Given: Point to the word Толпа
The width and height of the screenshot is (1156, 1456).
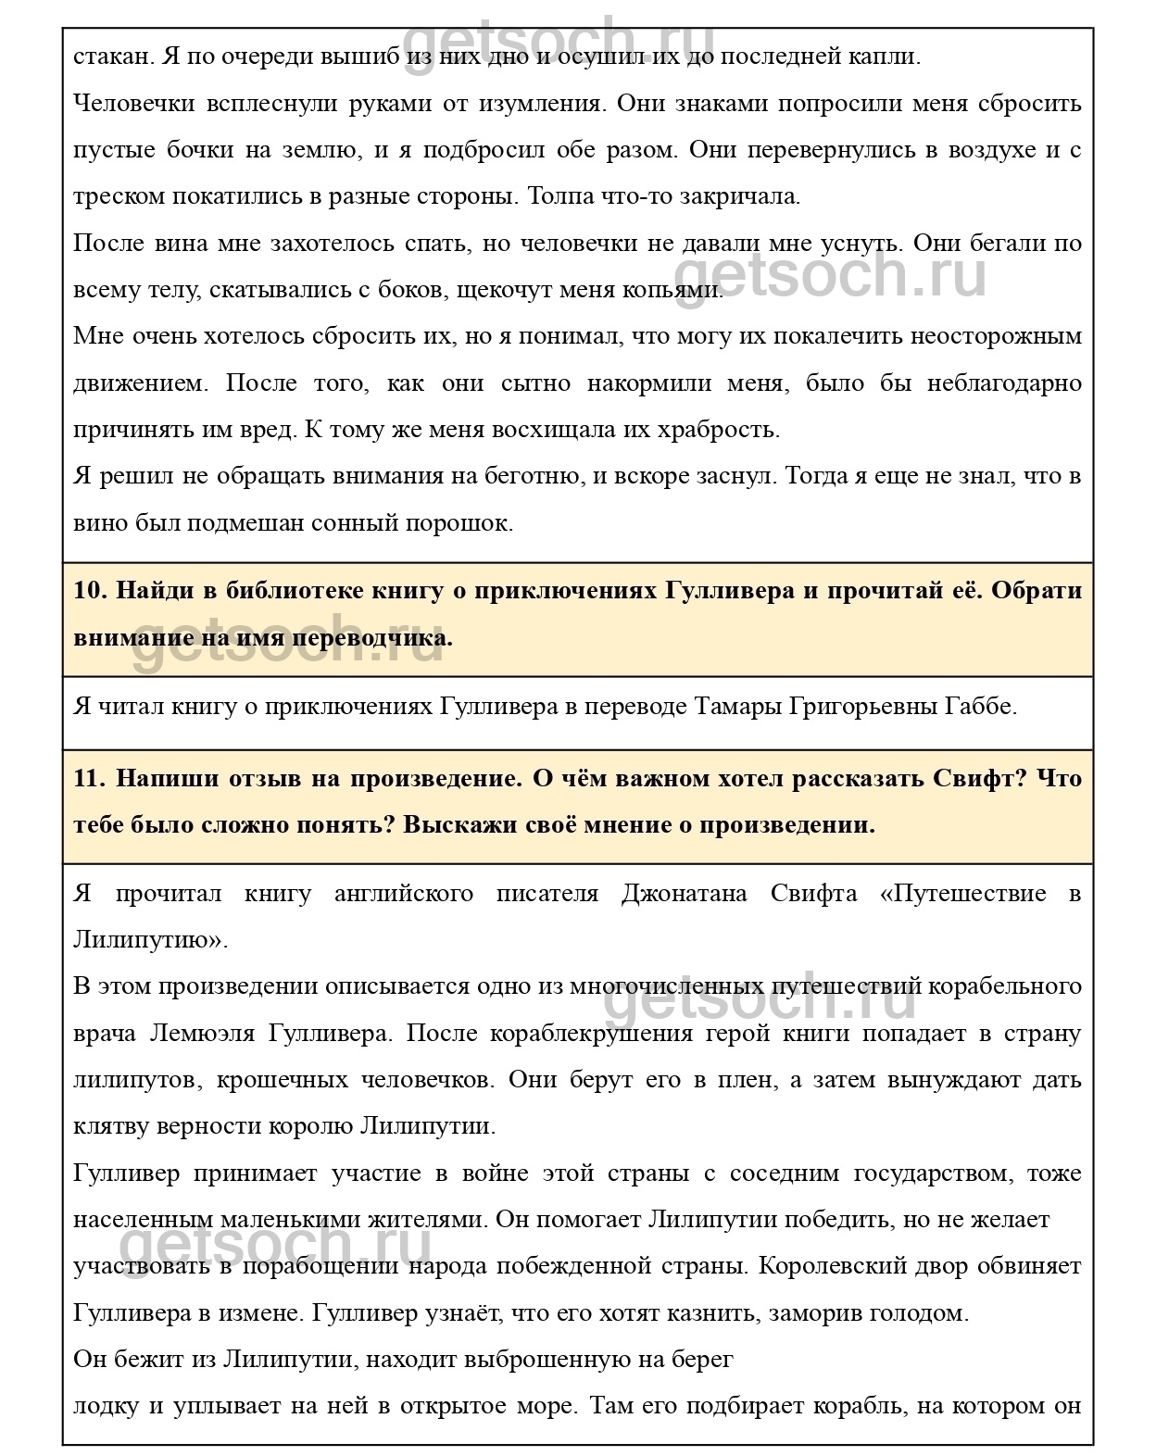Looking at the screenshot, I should (x=559, y=196).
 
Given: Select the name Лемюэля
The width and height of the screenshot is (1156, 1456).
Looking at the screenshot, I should (x=196, y=1034).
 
